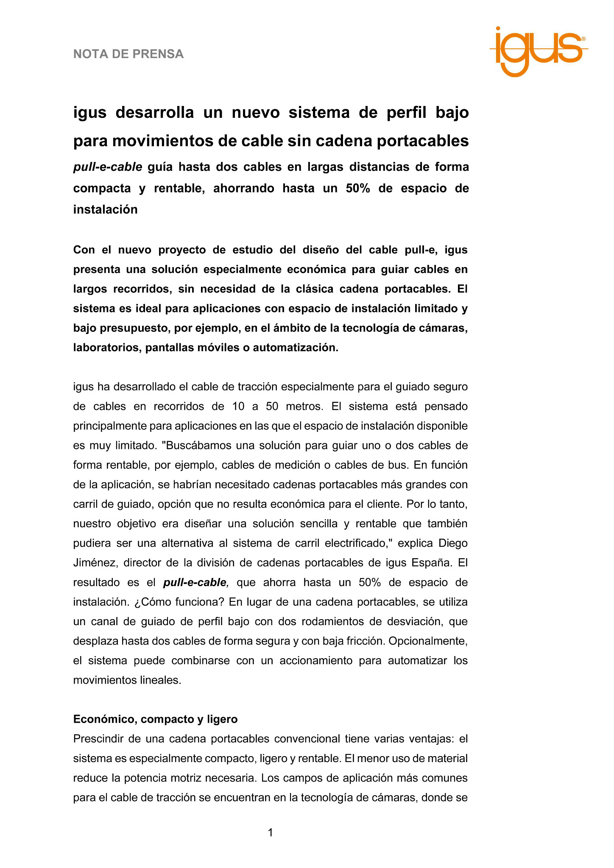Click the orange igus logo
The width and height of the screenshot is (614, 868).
(539, 51)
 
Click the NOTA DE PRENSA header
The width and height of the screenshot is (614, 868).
(128, 54)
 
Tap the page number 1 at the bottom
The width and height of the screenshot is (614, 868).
(270, 833)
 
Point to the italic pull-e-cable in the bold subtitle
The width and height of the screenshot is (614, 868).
(107, 167)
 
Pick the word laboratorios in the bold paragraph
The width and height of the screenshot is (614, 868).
(108, 348)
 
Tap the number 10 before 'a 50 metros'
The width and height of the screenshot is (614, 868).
(238, 406)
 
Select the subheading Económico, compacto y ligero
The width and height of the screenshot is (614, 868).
(155, 719)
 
